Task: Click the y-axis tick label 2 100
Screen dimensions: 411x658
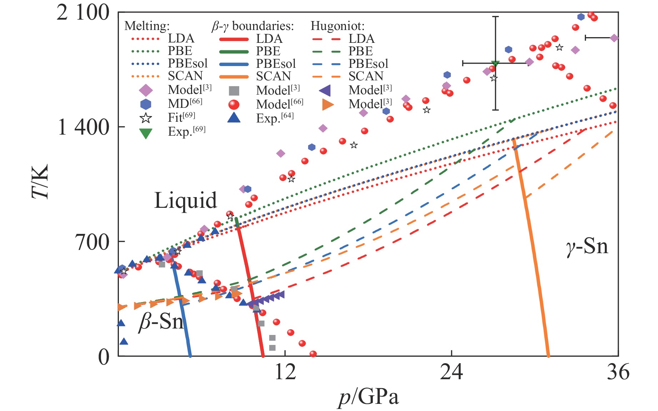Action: point(83,13)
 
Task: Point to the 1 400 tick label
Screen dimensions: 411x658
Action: point(83,127)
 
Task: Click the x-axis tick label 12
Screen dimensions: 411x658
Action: point(285,372)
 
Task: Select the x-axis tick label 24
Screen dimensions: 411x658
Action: point(451,372)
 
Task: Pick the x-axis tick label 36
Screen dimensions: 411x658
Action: point(618,372)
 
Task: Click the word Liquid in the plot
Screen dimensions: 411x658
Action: point(185,200)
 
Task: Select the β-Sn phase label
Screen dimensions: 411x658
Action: point(161,321)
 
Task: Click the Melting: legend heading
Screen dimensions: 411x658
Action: point(147,26)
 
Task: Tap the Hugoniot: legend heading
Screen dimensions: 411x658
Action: point(337,26)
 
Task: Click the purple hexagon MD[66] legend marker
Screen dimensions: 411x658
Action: point(146,104)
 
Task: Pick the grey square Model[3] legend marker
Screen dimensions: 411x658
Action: point(234,91)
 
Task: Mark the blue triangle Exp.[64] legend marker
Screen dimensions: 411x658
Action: point(234,117)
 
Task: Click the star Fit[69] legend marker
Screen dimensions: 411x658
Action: point(146,118)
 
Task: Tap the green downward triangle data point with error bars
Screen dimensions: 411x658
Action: point(495,64)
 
